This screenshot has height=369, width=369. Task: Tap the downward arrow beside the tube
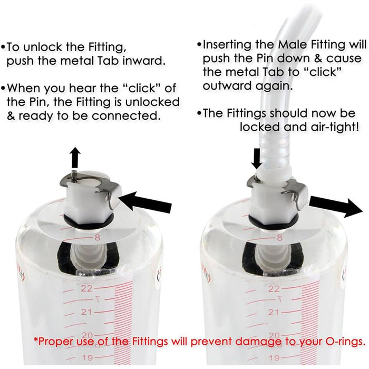pyautogui.click(x=256, y=158)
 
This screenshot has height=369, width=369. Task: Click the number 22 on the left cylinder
pyautogui.click(x=86, y=288)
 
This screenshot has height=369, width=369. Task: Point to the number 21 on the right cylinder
pyautogui.click(x=273, y=312)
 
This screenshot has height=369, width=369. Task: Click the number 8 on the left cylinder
pyautogui.click(x=97, y=238)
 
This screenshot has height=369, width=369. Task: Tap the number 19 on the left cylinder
pyautogui.click(x=87, y=358)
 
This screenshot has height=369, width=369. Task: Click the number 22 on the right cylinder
pyautogui.click(x=273, y=289)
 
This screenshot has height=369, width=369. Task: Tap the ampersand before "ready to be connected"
pyautogui.click(x=11, y=116)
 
